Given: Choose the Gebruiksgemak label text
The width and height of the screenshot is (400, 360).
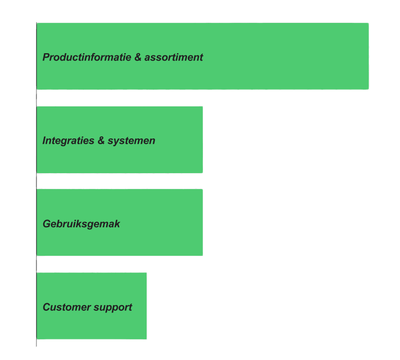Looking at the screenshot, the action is point(81,224).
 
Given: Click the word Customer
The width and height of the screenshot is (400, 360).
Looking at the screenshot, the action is point(64,307).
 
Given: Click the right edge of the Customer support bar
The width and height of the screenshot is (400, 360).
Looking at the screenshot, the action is point(147,306).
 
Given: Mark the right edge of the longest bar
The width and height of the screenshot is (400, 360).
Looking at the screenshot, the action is point(369,56).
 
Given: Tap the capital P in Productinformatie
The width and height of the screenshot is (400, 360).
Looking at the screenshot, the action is point(46,57).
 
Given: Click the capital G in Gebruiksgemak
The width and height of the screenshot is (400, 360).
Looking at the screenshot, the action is point(47,224).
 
